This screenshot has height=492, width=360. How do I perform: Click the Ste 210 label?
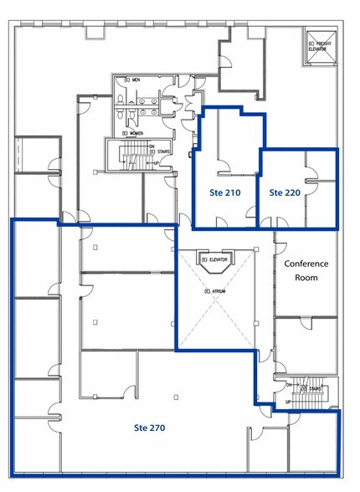[224, 192]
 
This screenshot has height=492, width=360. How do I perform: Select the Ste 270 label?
[151, 428]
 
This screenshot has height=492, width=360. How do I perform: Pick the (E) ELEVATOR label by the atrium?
[215, 259]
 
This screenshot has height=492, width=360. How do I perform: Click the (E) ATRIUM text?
[215, 290]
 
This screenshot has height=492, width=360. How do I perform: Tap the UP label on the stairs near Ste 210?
[158, 161]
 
